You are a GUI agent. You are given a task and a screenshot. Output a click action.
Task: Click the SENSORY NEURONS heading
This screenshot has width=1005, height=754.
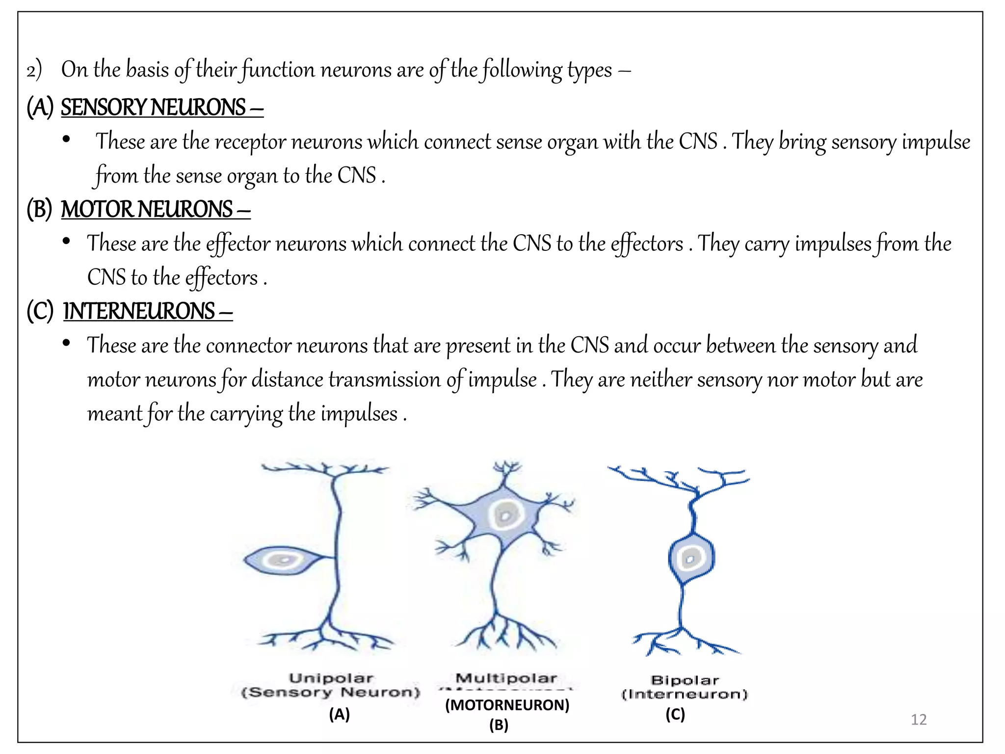(x=153, y=108)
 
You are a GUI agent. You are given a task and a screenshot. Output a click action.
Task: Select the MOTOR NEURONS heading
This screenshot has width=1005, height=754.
(x=147, y=210)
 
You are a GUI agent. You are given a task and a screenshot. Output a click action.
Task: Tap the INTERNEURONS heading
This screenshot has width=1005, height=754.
(x=139, y=311)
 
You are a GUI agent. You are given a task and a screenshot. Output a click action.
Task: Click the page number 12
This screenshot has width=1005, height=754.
(x=918, y=720)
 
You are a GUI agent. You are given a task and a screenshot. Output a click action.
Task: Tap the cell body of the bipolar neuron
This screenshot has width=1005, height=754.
(x=691, y=558)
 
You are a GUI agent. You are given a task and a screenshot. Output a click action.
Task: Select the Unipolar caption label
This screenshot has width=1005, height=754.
(x=331, y=678)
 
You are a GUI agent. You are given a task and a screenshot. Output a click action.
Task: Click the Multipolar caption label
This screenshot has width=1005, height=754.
(x=506, y=678)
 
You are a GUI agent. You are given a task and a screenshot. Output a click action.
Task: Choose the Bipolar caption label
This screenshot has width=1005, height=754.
(x=685, y=680)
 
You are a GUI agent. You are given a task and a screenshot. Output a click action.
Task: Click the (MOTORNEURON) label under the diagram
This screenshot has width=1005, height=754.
(x=507, y=705)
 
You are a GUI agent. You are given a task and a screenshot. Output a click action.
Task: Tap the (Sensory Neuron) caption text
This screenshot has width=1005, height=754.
(x=331, y=693)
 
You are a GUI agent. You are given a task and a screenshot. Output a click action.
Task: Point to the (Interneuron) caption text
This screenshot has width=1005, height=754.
(x=684, y=694)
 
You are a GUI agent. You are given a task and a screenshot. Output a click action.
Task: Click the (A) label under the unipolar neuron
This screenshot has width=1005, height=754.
(x=339, y=714)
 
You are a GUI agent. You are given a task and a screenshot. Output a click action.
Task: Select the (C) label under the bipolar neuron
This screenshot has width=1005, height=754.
(x=675, y=714)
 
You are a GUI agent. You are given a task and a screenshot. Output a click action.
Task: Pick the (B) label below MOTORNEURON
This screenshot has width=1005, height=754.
(x=499, y=725)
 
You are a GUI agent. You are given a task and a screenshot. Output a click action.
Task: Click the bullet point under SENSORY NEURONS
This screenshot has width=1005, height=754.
(x=66, y=140)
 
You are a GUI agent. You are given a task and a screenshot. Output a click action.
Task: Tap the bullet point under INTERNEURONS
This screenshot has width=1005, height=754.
(x=66, y=343)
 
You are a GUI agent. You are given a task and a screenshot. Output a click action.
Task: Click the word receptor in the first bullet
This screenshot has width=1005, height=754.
(x=250, y=142)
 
